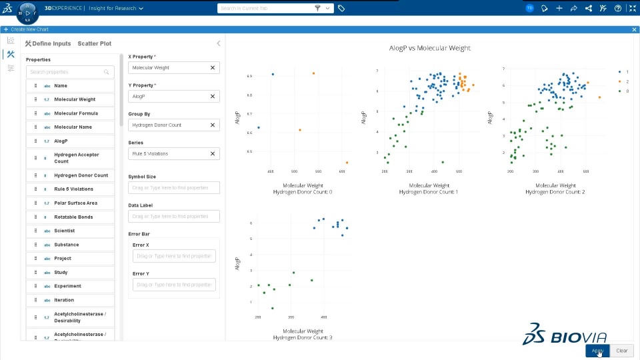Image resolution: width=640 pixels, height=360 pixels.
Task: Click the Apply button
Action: (597, 351)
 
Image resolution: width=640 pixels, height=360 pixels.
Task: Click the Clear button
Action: (621, 351)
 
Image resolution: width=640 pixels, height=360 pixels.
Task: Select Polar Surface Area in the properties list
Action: (75, 203)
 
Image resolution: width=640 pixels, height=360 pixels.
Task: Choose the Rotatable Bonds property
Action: (73, 217)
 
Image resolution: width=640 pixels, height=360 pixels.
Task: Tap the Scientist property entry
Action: (65, 231)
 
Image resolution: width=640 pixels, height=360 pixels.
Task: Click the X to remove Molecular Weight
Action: (213, 68)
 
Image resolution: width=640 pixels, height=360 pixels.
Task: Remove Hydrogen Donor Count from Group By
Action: (213, 125)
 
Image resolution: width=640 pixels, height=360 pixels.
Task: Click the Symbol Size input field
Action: (173, 188)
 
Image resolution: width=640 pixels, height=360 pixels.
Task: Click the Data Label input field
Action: (173, 217)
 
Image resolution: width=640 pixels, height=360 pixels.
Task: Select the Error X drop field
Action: (173, 256)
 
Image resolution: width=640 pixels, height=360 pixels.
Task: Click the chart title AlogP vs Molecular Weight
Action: (429, 48)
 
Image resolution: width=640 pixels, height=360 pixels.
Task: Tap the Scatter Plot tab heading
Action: (94, 44)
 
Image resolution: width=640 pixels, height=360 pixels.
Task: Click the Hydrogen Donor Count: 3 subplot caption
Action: (303, 337)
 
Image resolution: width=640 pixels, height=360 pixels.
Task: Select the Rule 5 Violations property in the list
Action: (73, 189)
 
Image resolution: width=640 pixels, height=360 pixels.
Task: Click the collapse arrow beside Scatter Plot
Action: (218, 44)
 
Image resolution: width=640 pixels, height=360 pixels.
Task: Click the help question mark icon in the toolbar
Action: (618, 9)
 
